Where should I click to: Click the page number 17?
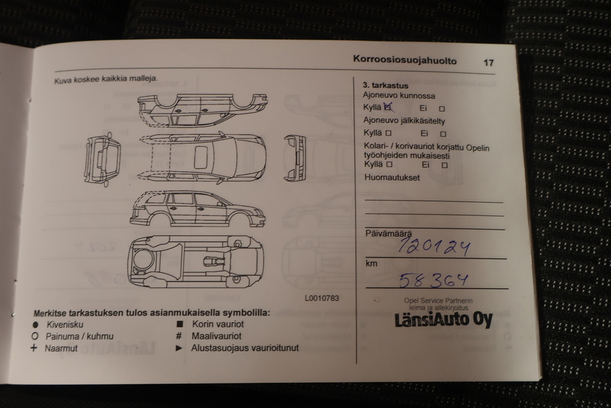click(x=488, y=63)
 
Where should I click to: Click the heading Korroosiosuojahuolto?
click(x=405, y=61)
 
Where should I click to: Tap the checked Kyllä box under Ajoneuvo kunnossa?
click(x=388, y=107)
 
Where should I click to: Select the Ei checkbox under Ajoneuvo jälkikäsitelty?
click(x=443, y=134)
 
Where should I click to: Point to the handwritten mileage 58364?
click(x=433, y=279)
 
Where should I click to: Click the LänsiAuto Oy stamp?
click(x=443, y=320)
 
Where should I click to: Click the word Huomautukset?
click(x=391, y=178)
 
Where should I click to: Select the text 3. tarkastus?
click(x=386, y=86)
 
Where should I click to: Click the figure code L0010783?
click(x=322, y=298)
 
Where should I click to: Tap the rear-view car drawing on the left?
click(x=103, y=157)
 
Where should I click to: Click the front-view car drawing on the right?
click(x=294, y=157)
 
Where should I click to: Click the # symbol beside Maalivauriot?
click(x=179, y=336)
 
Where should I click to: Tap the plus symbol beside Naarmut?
click(x=33, y=348)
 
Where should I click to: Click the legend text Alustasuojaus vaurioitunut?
click(x=245, y=348)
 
